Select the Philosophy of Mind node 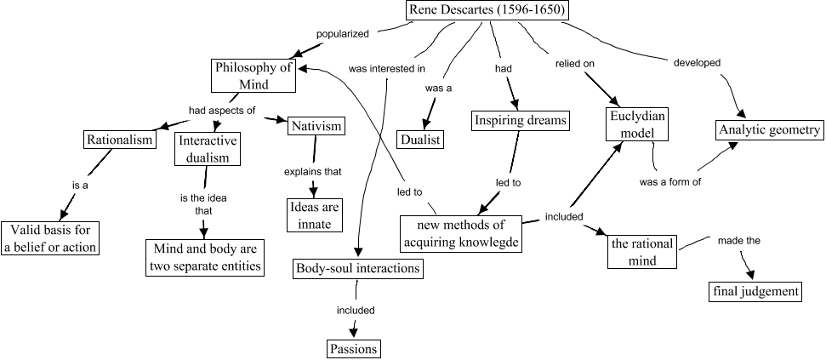click(253, 75)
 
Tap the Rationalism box click(120, 140)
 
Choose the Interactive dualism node click(208, 148)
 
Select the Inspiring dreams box click(520, 121)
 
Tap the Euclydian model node click(637, 123)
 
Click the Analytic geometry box click(768, 130)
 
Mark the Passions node click(353, 348)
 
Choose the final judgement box click(755, 292)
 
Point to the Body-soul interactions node click(358, 268)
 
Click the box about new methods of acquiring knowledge click(460, 233)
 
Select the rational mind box click(642, 252)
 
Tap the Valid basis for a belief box click(50, 238)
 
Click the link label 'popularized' click(342, 35)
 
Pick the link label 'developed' click(697, 62)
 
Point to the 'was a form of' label click(669, 181)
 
